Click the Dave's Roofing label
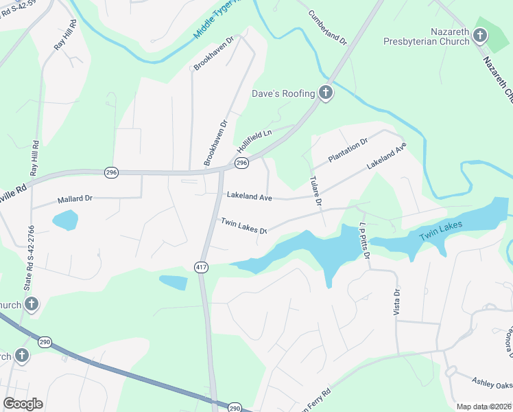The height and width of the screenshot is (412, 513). pos(283,93)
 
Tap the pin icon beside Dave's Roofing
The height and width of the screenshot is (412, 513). pos(325,93)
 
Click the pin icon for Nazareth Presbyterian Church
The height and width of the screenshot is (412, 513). pos(480,34)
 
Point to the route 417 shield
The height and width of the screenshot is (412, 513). pos(201,267)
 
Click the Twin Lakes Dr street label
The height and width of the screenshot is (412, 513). pos(243,225)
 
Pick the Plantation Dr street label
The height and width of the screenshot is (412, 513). pos(348,150)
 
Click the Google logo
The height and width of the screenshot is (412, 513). pos(23,404)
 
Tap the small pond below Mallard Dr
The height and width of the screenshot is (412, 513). pos(65,220)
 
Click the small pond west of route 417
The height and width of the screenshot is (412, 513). pos(173,282)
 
